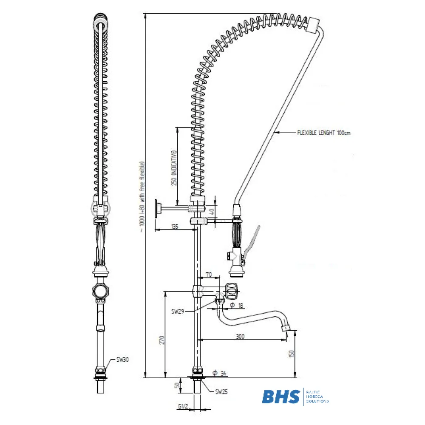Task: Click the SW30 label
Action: pyautogui.click(x=122, y=360)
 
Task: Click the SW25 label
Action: pyautogui.click(x=221, y=392)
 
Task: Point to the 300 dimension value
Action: pyautogui.click(x=241, y=336)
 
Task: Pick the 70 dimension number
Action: pyautogui.click(x=209, y=275)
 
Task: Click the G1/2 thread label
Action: pyautogui.click(x=184, y=407)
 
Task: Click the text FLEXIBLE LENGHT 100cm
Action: pyautogui.click(x=323, y=133)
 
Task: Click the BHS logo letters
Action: pyautogui.click(x=280, y=397)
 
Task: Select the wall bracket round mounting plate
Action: pyautogui.click(x=158, y=209)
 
